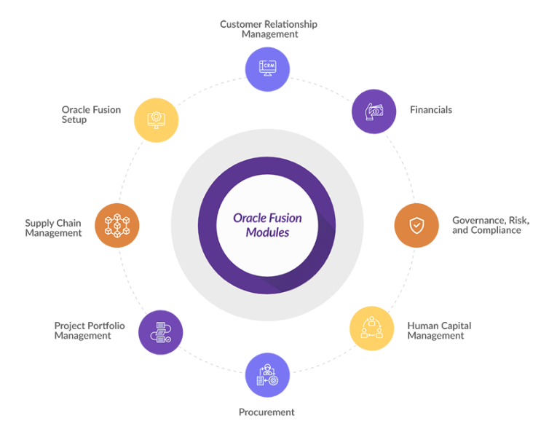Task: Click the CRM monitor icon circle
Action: pyautogui.click(x=267, y=69)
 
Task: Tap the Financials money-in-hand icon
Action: pyautogui.click(x=374, y=111)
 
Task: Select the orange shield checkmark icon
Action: pyautogui.click(x=416, y=225)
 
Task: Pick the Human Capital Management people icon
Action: pyautogui.click(x=371, y=328)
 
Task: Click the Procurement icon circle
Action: pyautogui.click(x=267, y=375)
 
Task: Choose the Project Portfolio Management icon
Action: pyautogui.click(x=161, y=332)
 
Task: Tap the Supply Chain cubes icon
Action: pyautogui.click(x=117, y=225)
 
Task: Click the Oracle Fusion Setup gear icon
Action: pyautogui.click(x=157, y=120)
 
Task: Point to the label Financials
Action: pyautogui.click(x=431, y=110)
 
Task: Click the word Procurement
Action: pyautogui.click(x=266, y=412)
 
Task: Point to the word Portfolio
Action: pyautogui.click(x=106, y=326)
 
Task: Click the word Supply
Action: pyautogui.click(x=39, y=224)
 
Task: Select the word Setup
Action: pyautogui.click(x=74, y=119)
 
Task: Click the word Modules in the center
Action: pyautogui.click(x=267, y=232)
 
